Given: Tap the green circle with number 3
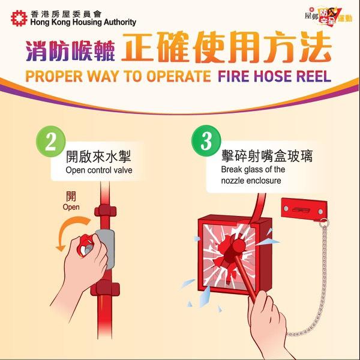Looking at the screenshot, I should [x=206, y=143].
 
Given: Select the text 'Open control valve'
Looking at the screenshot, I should [x=99, y=171].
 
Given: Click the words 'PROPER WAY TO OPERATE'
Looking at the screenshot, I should [x=117, y=76].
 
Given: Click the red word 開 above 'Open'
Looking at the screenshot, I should [x=71, y=196].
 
